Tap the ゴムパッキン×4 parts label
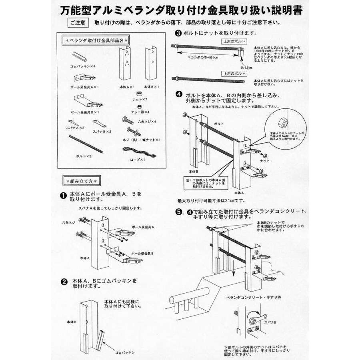click(81, 66)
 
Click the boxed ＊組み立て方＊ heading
click(82, 181)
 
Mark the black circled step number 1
click(63, 196)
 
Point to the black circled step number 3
click(179, 34)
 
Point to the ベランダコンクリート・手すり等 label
click(248, 298)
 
